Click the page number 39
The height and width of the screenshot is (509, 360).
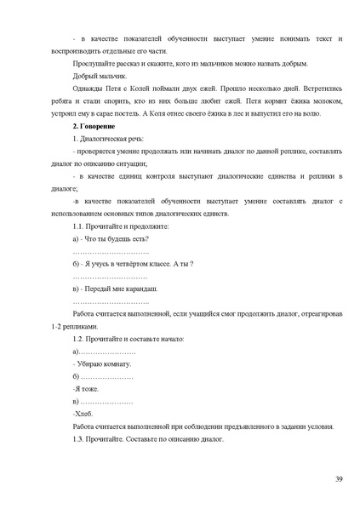coord(339,481)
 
